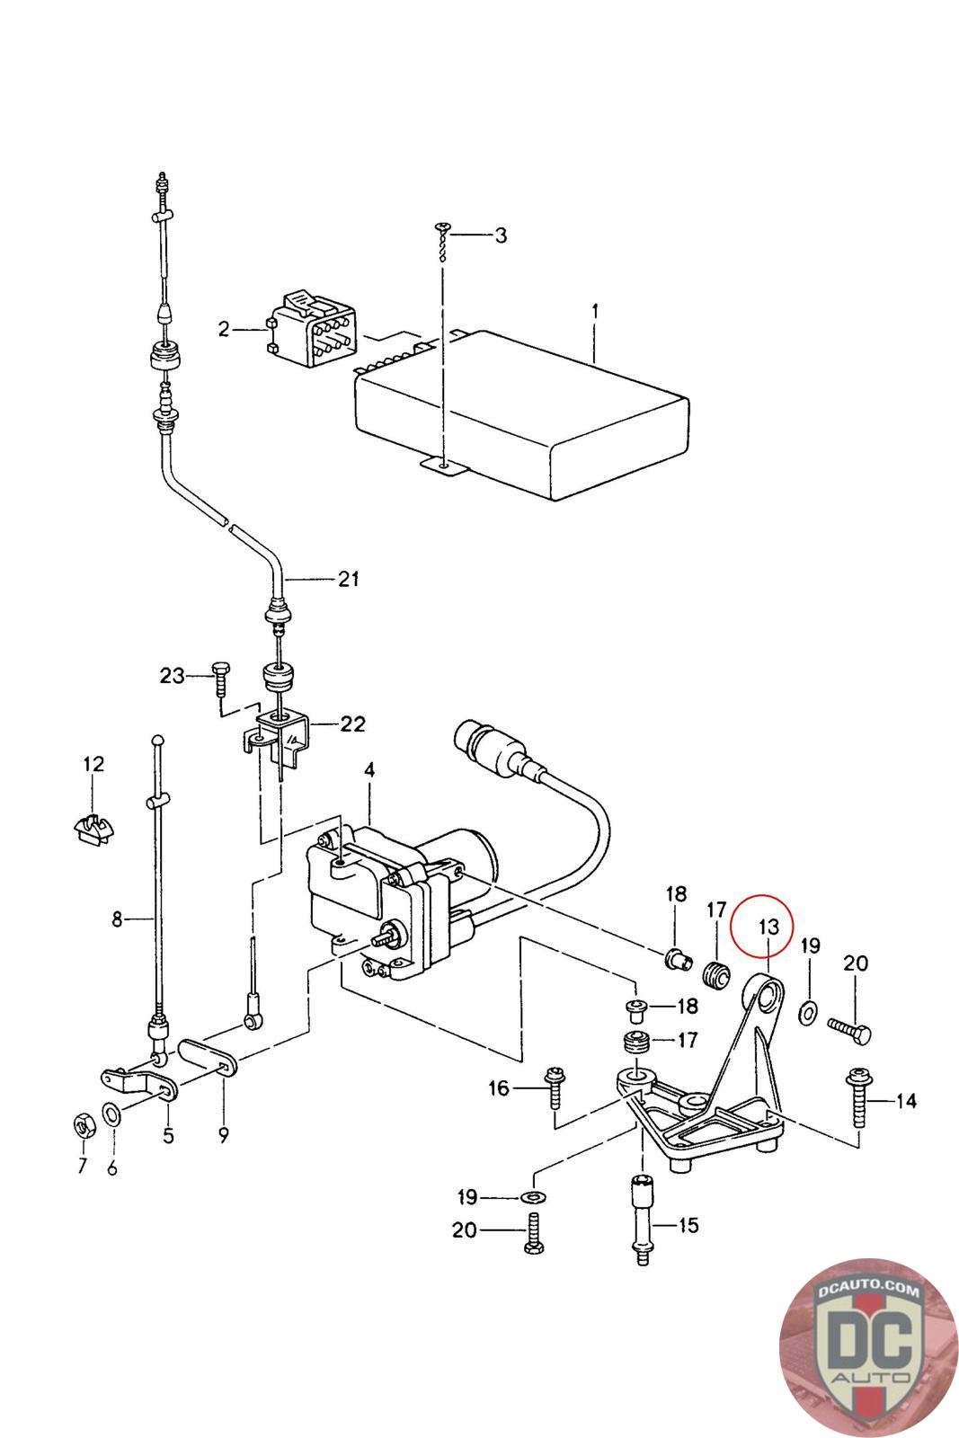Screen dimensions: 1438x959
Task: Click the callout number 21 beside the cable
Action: (x=349, y=579)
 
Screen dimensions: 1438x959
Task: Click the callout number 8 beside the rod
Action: (x=116, y=919)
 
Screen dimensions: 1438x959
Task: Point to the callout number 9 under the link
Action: (x=223, y=1135)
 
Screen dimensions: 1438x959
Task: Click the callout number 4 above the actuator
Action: (x=369, y=770)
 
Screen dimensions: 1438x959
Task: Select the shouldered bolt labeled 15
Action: (x=642, y=1221)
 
